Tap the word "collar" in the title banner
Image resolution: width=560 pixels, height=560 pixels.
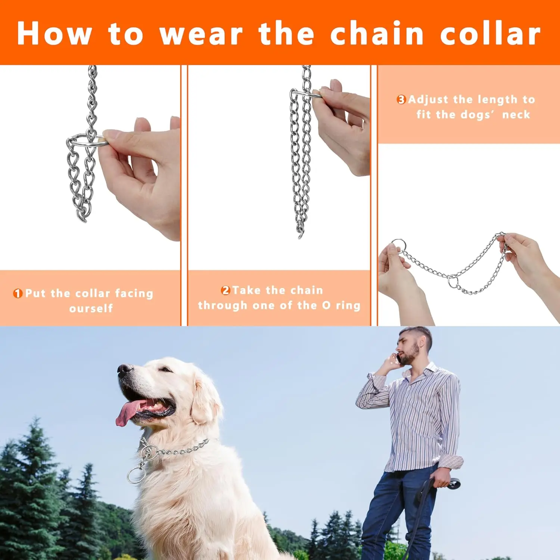pyautogui.click(x=490, y=34)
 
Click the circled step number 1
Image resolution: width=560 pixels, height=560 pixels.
pyautogui.click(x=18, y=293)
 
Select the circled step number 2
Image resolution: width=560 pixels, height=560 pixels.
pyautogui.click(x=225, y=290)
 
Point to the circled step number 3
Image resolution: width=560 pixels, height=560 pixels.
pyautogui.click(x=401, y=100)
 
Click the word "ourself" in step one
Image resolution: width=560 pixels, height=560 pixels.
pyautogui.click(x=91, y=308)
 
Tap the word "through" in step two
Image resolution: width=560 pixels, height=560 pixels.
pyautogui.click(x=223, y=305)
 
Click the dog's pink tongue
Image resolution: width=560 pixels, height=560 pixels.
pyautogui.click(x=127, y=413)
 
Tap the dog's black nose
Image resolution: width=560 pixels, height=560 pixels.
pyautogui.click(x=124, y=369)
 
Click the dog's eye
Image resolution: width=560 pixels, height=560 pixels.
pyautogui.click(x=165, y=370)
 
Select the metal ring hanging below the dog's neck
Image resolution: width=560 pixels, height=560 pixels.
pyautogui.click(x=136, y=475)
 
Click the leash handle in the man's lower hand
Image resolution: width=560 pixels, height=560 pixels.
pyautogui.click(x=452, y=484)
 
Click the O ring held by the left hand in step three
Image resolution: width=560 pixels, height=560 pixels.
pyautogui.click(x=398, y=245)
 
